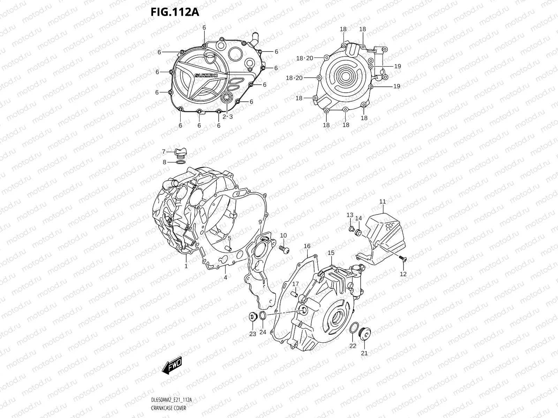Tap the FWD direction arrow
pos(172,366)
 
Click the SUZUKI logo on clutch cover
pos(206,76)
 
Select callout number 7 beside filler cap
pos(163,152)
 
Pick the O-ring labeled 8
pos(181,162)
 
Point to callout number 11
pos(383,201)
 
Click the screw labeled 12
pos(403,258)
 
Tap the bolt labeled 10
pos(284,248)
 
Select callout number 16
pos(307,246)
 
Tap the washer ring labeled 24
pos(263,316)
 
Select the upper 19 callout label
pos(398,66)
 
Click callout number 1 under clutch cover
pos(186,266)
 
